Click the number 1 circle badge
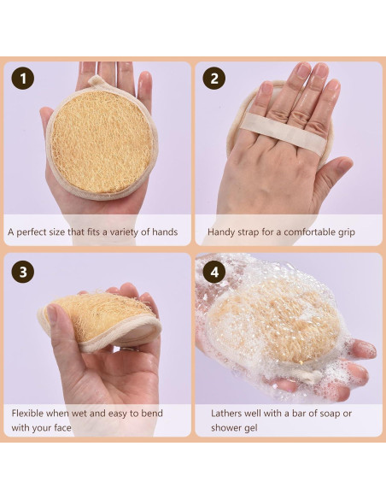(x=23, y=79)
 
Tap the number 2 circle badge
(x=214, y=79)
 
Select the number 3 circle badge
(x=23, y=273)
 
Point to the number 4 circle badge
(x=214, y=273)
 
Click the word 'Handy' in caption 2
(x=223, y=232)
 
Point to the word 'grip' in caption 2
(x=344, y=232)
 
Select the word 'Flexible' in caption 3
(x=29, y=414)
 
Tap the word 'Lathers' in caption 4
(x=228, y=414)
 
